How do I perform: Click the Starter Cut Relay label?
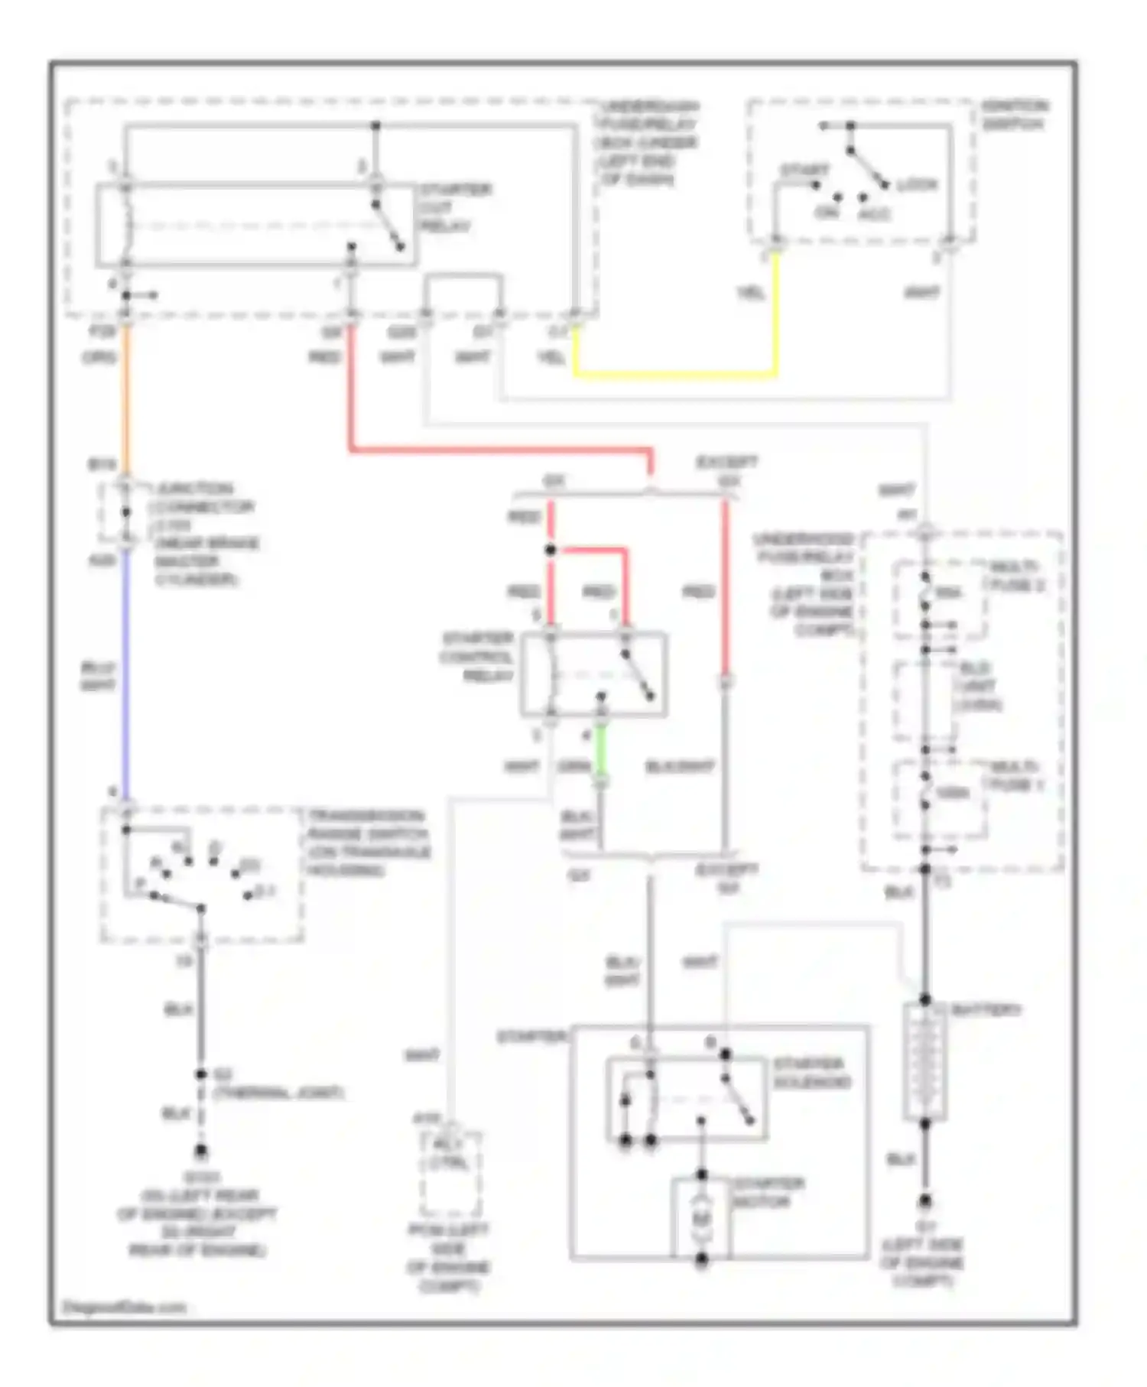454,207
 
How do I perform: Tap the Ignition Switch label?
1014,115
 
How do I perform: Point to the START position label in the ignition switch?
804,170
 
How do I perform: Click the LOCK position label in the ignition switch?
916,185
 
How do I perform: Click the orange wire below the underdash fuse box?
127,398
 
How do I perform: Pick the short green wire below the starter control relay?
601,749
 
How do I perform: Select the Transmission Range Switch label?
368,843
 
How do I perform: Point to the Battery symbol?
924,1061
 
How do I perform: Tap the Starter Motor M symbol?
701,1216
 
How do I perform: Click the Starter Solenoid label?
811,1073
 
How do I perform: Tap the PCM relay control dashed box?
450,1172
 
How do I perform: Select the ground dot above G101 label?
201,1149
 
